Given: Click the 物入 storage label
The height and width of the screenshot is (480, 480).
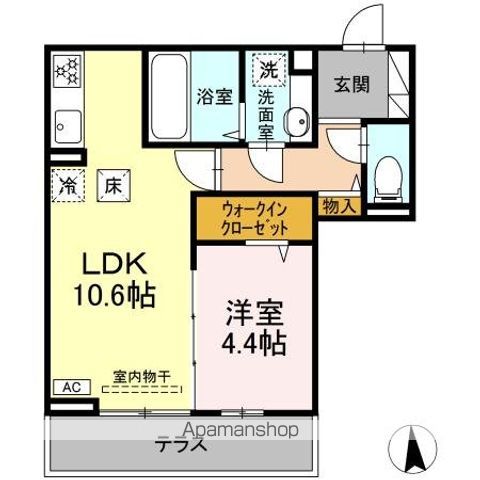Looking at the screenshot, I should (339, 207).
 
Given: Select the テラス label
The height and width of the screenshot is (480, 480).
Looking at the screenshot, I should (181, 446).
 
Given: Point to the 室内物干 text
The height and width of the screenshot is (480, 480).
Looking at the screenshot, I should (141, 376).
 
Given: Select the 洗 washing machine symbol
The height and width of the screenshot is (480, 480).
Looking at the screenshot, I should (269, 70).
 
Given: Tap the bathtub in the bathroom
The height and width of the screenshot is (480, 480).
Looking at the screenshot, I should (173, 98).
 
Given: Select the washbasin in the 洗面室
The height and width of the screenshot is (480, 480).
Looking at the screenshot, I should (297, 121).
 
